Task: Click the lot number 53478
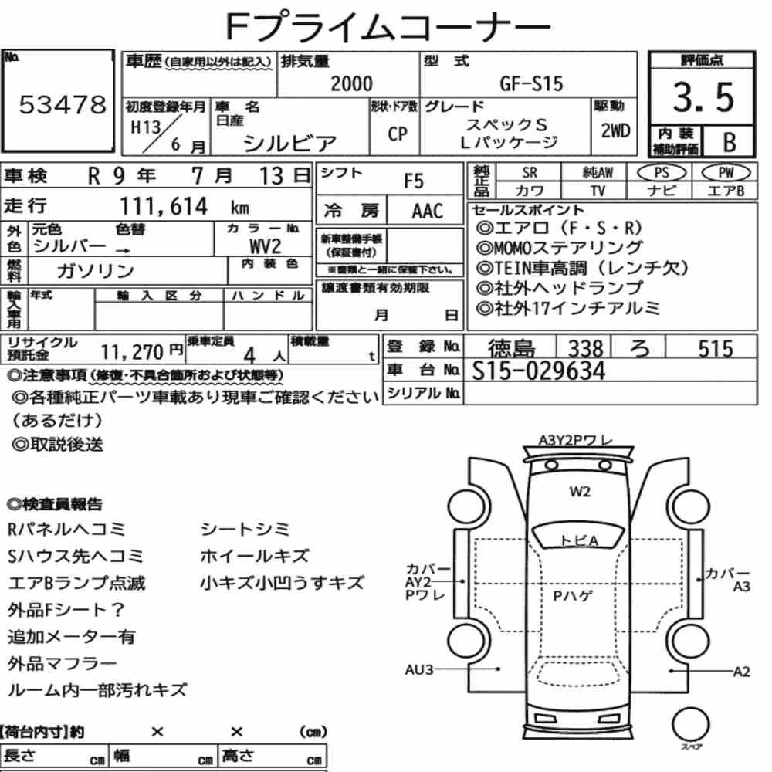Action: pos(63,104)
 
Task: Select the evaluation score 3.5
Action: pos(703,96)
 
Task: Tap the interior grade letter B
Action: pos(730,142)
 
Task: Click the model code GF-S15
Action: pos(531,83)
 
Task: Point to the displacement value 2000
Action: pos(351,83)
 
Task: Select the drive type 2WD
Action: pos(615,131)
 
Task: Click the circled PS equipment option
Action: pos(662,173)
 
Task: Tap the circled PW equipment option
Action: pos(726,173)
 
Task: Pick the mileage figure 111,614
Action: pos(164,206)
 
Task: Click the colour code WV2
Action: pos(265,245)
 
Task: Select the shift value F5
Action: pos(414,181)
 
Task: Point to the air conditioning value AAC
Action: pos(428,211)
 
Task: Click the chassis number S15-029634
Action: pos(538,371)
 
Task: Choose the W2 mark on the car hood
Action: pos(580,491)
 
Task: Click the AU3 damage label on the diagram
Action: pos(419,669)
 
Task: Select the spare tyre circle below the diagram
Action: pos(690,724)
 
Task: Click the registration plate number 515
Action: pos(716,349)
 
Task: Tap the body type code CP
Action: pos(398,134)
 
